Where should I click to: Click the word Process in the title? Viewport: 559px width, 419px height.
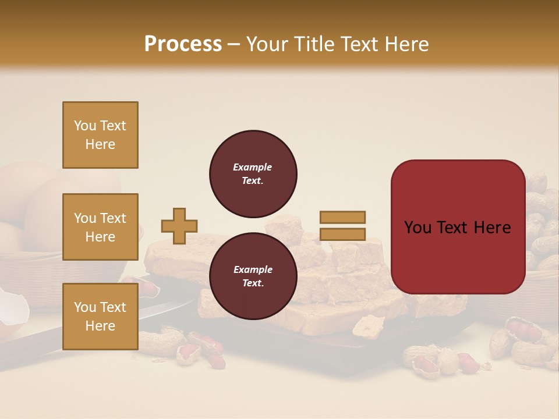183,44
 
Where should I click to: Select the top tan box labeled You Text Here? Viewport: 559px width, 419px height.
100,135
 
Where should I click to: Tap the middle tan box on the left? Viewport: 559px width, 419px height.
100,227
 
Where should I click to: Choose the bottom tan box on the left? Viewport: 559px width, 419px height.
100,316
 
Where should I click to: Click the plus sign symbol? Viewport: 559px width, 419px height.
179,226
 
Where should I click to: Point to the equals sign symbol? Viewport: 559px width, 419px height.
342,226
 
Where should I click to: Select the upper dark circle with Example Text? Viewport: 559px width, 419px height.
253,174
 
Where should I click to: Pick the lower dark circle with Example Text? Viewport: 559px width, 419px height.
253,276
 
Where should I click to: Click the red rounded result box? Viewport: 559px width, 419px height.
458,227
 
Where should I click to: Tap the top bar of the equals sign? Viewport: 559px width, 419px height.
342,218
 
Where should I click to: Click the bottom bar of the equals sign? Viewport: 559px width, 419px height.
342,234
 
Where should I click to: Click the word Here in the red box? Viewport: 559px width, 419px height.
492,228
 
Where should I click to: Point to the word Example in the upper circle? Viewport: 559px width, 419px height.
253,167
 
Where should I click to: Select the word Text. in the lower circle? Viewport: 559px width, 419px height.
253,283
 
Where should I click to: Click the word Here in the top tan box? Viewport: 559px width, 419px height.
100,144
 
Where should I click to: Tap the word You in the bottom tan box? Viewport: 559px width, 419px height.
84,307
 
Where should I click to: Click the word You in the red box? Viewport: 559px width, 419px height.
418,228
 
